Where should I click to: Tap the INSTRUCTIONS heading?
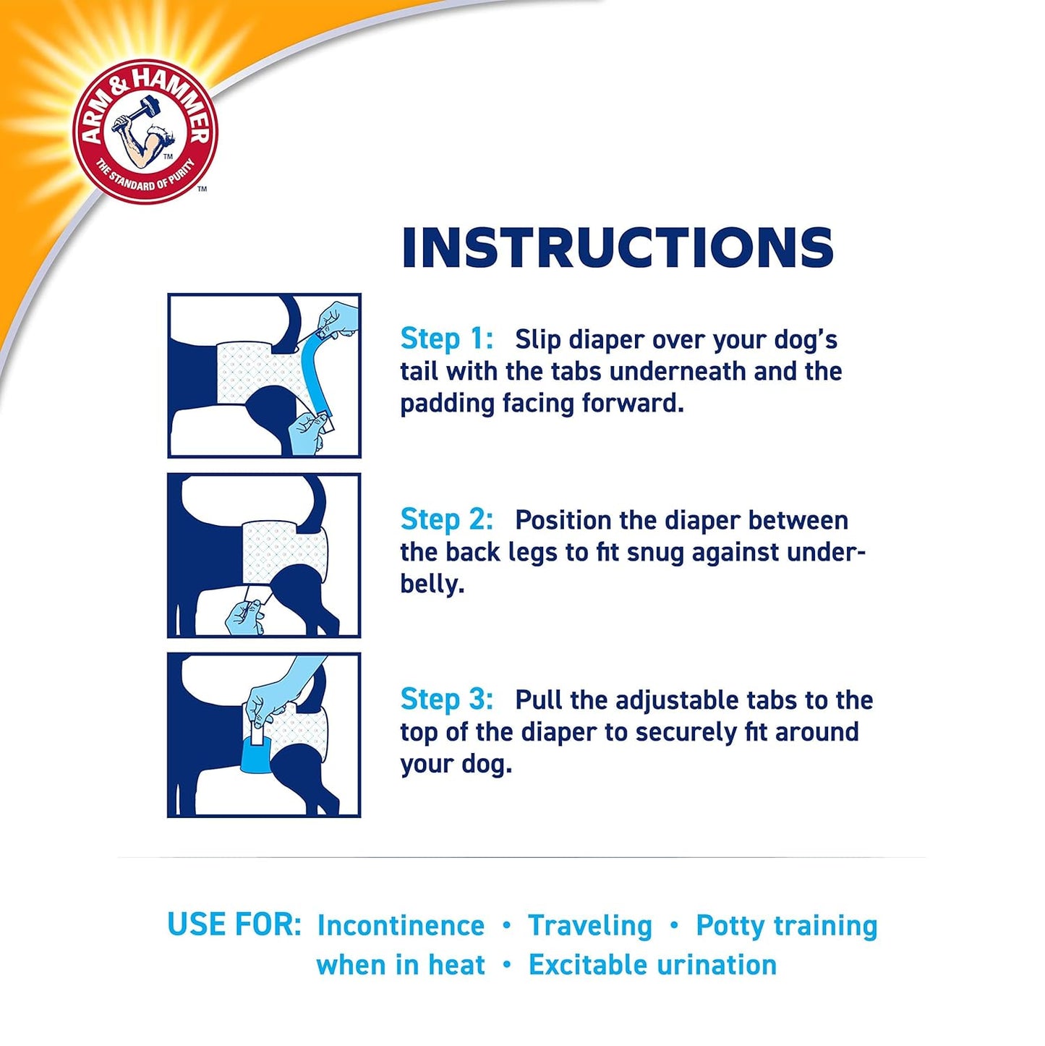[618, 248]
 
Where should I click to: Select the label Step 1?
[447, 339]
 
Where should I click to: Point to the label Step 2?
[447, 519]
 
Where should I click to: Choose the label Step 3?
[447, 700]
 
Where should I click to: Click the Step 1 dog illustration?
[264, 375]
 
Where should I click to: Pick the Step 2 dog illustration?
[264, 556]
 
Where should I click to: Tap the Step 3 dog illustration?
[264, 735]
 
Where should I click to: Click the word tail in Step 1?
[419, 371]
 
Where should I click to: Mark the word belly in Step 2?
[430, 584]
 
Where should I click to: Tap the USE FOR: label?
[234, 924]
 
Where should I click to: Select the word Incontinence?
[401, 925]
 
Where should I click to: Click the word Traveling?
[590, 925]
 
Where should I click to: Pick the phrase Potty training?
[786, 925]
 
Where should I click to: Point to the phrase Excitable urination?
[652, 965]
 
